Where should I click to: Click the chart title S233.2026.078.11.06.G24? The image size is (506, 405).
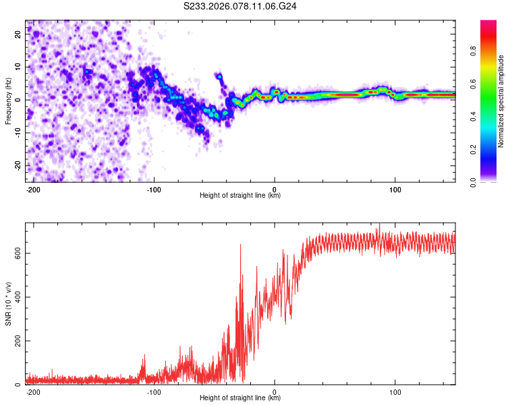(x=241, y=7)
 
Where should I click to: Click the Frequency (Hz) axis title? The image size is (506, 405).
(x=9, y=101)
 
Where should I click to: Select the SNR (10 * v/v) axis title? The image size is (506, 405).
(x=9, y=304)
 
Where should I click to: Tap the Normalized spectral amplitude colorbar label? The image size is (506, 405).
(x=501, y=101)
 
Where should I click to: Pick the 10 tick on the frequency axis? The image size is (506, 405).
(x=18, y=67)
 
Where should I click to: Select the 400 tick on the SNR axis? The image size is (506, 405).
(x=15, y=297)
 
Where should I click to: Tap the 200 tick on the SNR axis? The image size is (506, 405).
(x=15, y=341)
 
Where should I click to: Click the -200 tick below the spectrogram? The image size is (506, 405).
(x=33, y=189)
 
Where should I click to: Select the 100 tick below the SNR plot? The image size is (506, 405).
(x=395, y=391)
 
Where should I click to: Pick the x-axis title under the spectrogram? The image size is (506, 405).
(x=240, y=196)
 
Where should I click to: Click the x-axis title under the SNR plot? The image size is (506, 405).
(x=240, y=398)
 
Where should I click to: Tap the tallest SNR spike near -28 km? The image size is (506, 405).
(x=241, y=244)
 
